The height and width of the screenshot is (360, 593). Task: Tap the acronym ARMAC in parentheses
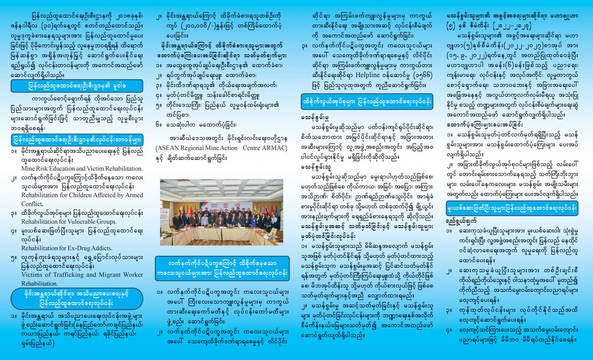coord(274,148)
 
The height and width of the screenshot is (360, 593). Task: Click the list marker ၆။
coord(159,125)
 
